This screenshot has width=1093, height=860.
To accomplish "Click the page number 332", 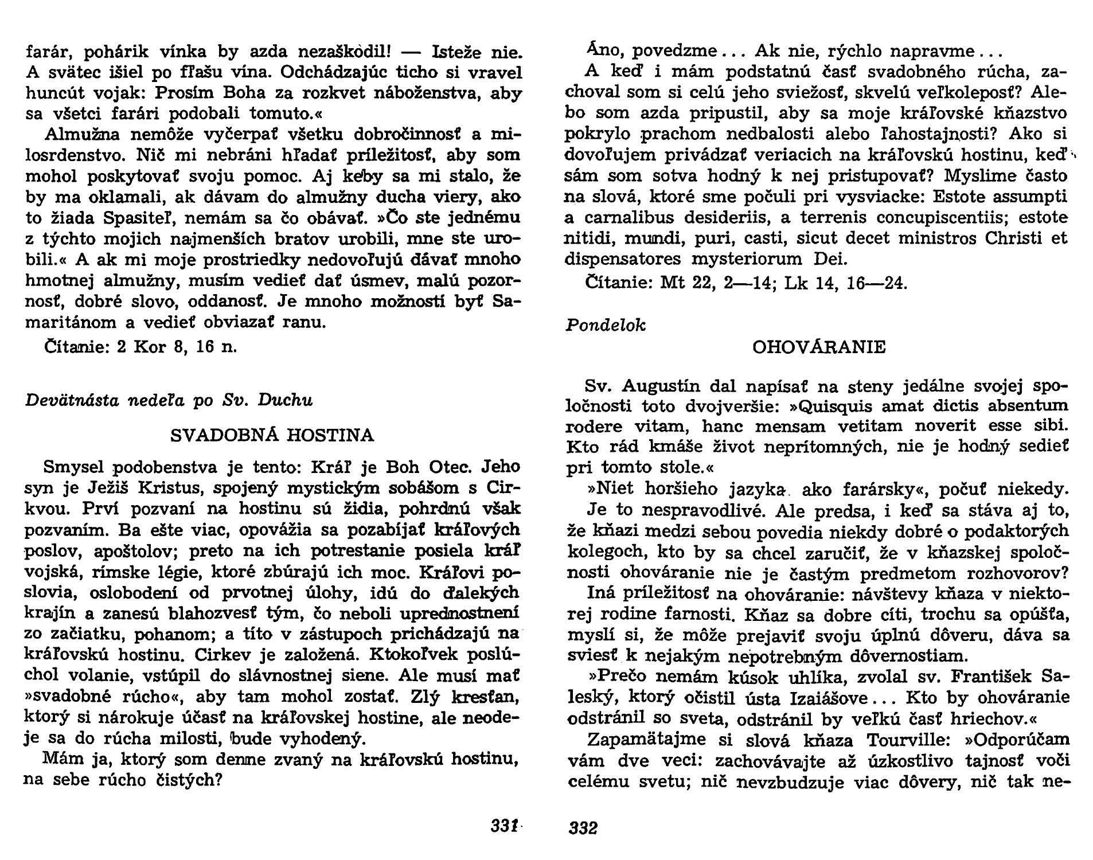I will [583, 828].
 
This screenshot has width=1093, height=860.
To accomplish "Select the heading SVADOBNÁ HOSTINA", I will [272, 436].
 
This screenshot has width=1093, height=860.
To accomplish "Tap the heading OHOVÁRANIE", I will [818, 347].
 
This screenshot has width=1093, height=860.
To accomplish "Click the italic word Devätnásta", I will [69, 400].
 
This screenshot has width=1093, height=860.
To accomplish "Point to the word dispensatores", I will [623, 259].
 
